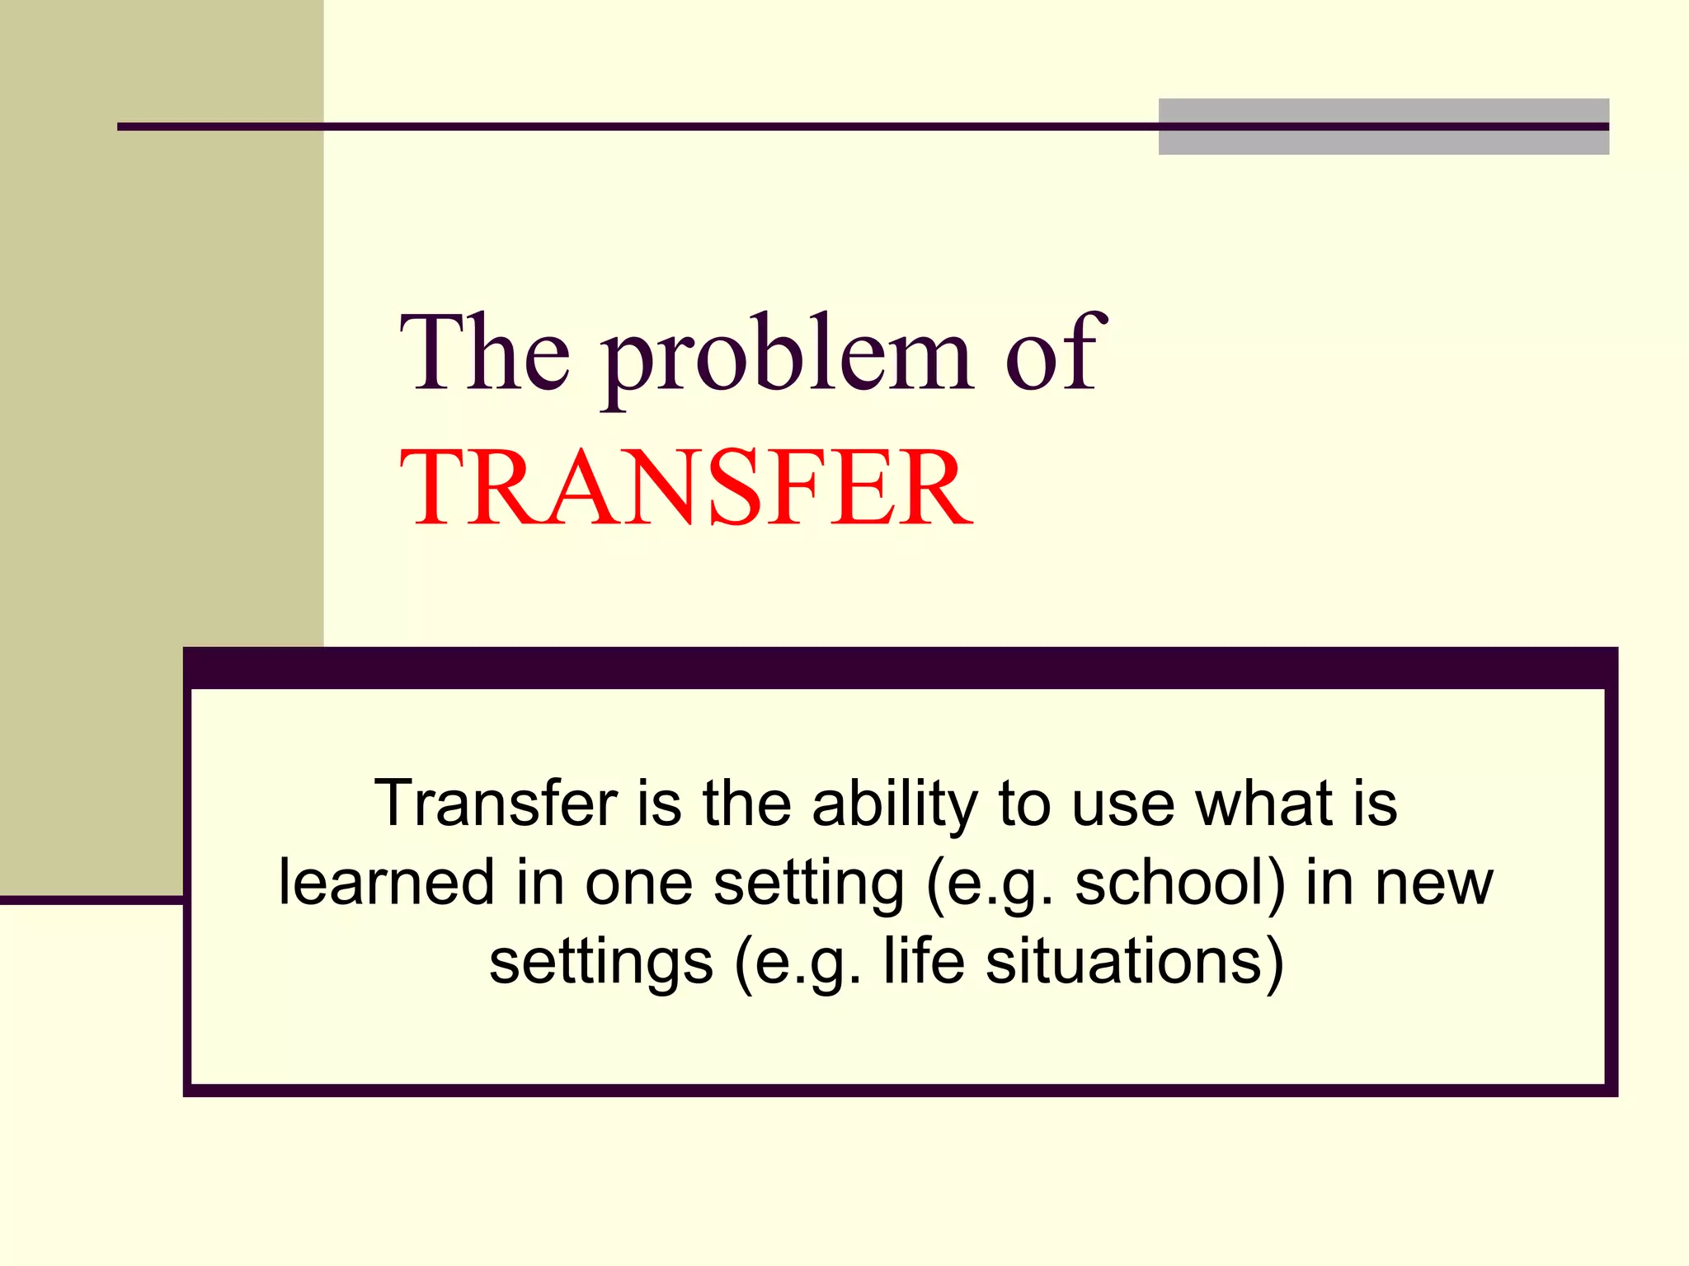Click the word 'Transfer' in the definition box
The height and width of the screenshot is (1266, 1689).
point(496,804)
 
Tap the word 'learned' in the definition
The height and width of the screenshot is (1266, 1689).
point(387,883)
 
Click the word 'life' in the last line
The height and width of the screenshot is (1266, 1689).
point(924,961)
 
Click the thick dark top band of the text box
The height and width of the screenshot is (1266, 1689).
point(899,668)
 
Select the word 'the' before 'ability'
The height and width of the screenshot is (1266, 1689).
point(746,804)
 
